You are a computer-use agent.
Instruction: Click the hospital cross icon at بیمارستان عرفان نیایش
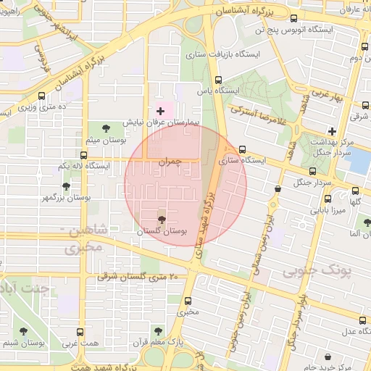pos(160,111)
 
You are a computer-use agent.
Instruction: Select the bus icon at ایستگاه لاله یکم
pos(85,154)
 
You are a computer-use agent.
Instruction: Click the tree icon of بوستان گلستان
pos(161,218)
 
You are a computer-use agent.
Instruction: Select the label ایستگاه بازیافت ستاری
pos(217,54)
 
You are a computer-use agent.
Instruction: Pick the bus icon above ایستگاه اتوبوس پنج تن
pos(293,19)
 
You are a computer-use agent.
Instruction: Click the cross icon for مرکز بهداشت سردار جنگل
pos(332,131)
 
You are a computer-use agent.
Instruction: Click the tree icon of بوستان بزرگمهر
pos(66,186)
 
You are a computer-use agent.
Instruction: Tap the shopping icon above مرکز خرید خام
pos(329,356)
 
